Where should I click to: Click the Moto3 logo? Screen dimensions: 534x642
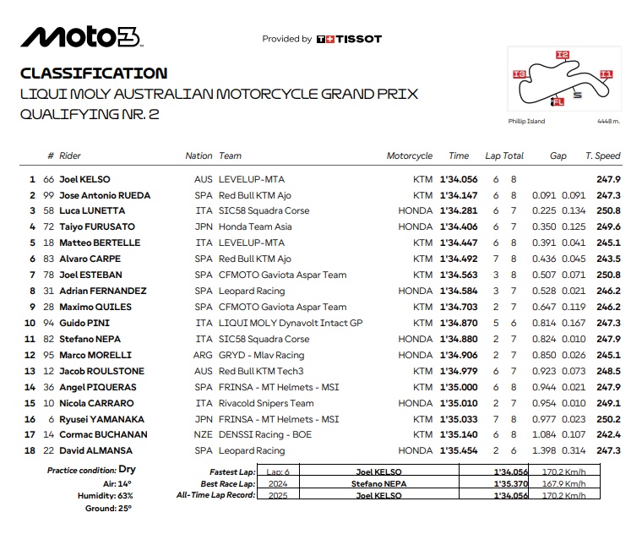click(81, 36)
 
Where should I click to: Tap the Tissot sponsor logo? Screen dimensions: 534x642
click(348, 39)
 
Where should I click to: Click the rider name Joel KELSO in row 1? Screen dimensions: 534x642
click(84, 179)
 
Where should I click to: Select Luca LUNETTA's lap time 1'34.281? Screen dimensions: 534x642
click(459, 210)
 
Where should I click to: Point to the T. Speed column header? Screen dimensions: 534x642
click(602, 155)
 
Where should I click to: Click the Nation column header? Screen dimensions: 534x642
click(199, 155)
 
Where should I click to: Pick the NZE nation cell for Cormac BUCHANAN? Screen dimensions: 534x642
click(203, 434)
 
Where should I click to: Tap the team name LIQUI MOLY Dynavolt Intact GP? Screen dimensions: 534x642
click(290, 323)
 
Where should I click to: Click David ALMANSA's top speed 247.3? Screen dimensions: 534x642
click(607, 450)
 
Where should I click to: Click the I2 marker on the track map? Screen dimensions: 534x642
click(563, 55)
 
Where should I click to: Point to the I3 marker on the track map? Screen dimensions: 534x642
click(520, 75)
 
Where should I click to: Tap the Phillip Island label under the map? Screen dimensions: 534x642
click(526, 122)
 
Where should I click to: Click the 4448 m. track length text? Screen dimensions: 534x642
click(608, 122)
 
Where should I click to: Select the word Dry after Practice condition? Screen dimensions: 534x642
click(128, 468)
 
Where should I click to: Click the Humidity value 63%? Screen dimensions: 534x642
click(126, 495)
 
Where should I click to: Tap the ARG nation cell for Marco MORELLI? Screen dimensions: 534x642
click(203, 355)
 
